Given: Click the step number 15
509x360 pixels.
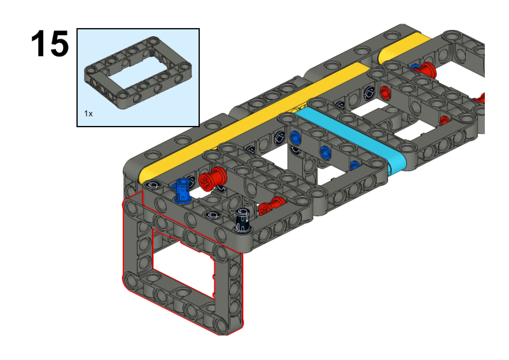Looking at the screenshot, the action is [50, 43].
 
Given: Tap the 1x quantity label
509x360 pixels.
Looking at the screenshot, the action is [88, 114].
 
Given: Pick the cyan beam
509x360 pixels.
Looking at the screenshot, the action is [351, 139].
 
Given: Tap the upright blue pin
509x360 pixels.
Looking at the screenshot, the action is [182, 191].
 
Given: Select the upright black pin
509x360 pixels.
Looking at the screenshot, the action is [243, 221].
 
